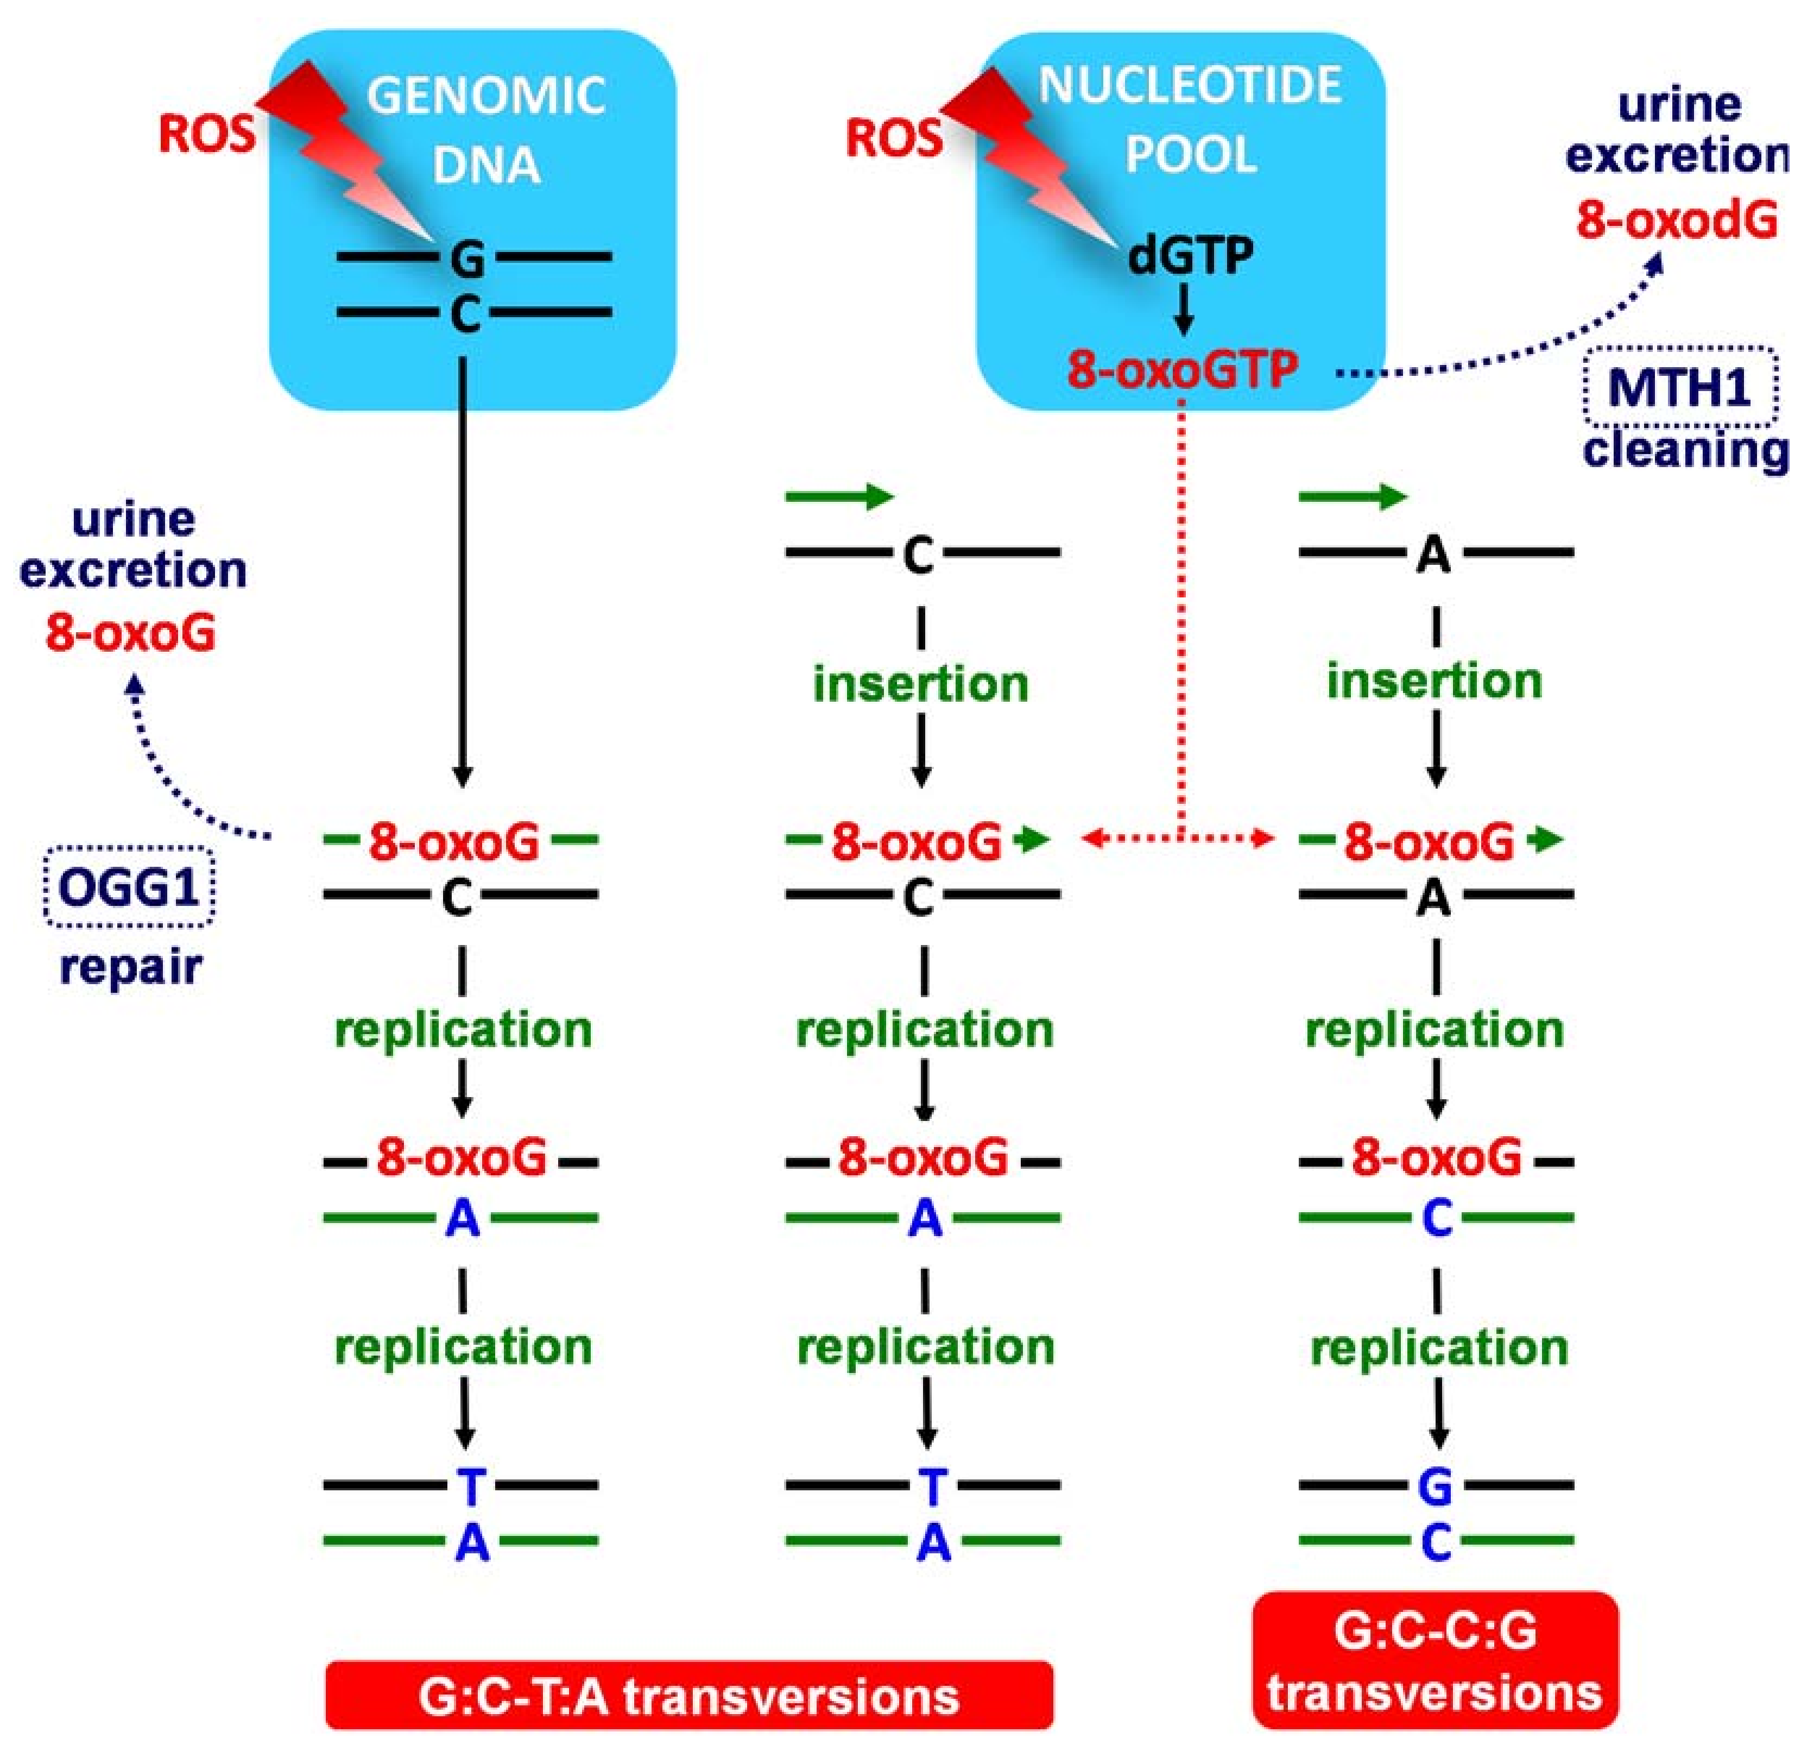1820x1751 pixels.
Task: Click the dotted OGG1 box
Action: coord(129,887)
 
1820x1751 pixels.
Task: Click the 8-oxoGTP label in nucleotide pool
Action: coord(1182,370)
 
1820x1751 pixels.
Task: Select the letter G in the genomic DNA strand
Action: coord(467,259)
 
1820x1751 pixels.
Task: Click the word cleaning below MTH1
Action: coord(1685,451)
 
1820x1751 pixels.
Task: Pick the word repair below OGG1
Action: coord(130,966)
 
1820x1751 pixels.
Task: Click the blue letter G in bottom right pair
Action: coord(1436,1487)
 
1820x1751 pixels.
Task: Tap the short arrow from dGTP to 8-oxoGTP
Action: coord(1183,310)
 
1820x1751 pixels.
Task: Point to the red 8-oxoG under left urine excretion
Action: coord(130,633)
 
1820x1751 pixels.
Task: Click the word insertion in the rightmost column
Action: coord(1434,681)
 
